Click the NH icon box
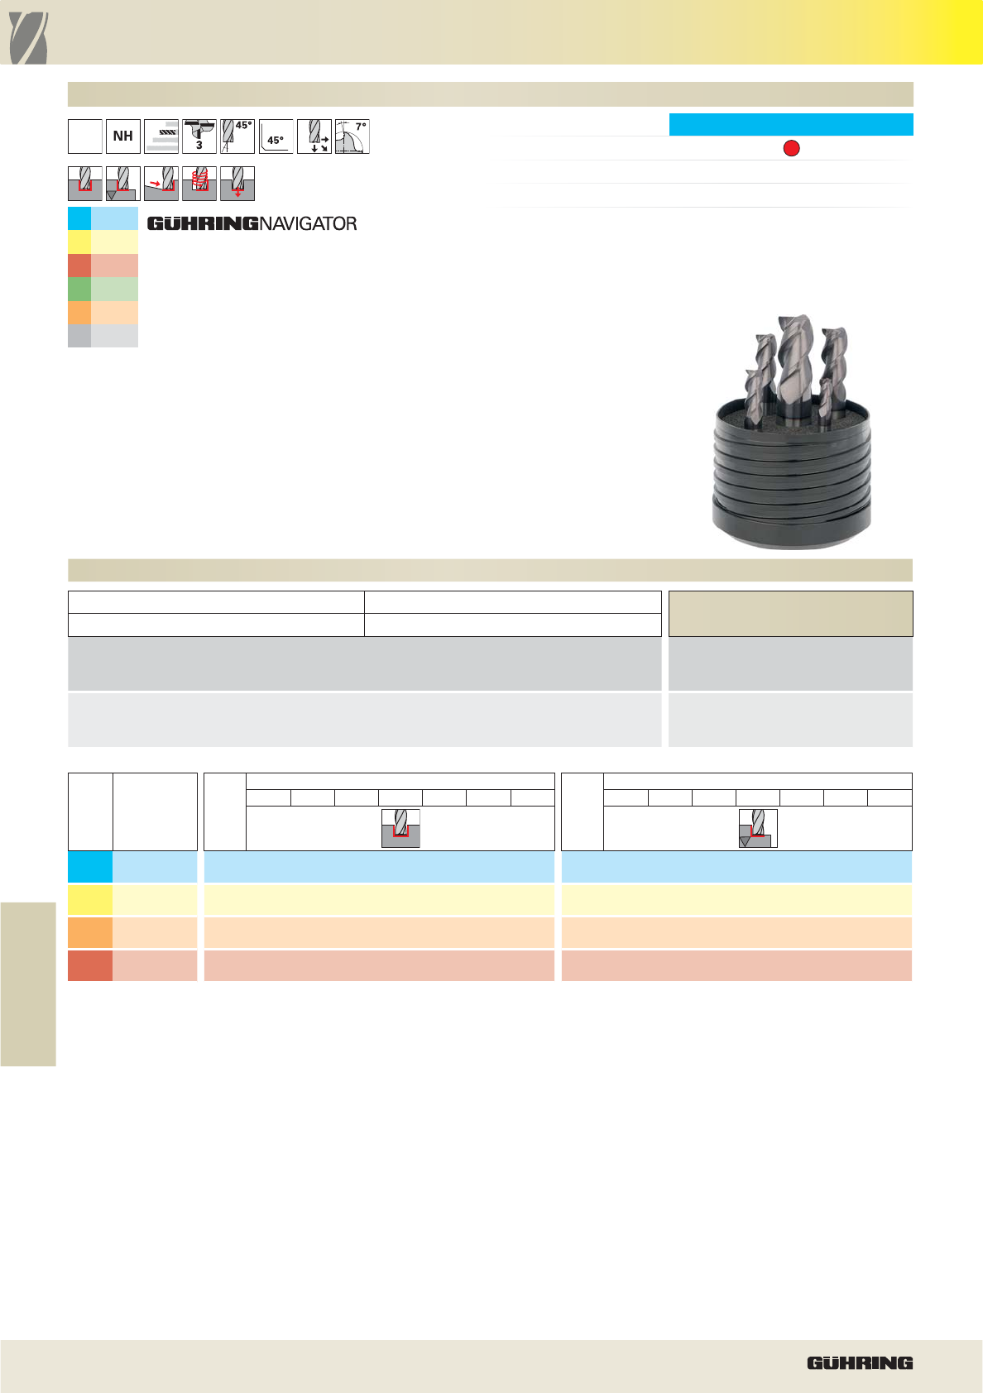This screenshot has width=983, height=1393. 123,136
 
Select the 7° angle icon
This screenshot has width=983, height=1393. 352,136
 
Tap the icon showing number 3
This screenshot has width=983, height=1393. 199,136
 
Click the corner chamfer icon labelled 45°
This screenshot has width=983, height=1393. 276,136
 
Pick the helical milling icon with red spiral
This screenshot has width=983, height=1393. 199,184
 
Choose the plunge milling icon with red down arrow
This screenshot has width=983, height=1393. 237,184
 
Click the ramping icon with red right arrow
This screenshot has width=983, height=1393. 161,184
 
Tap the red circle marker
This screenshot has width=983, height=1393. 791,148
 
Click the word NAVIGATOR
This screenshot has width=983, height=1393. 308,224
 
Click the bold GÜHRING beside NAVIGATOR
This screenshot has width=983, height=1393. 203,224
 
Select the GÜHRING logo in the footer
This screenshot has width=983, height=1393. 860,1363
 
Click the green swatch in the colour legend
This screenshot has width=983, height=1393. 103,290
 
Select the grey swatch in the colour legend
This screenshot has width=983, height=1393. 103,336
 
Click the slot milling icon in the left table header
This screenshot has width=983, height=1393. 400,828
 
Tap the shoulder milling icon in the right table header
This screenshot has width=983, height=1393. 758,828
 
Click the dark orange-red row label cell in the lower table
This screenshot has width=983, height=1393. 90,965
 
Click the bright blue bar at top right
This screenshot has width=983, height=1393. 791,124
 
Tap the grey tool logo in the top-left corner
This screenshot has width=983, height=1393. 28,38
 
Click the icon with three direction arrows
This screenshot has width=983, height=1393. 314,136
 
